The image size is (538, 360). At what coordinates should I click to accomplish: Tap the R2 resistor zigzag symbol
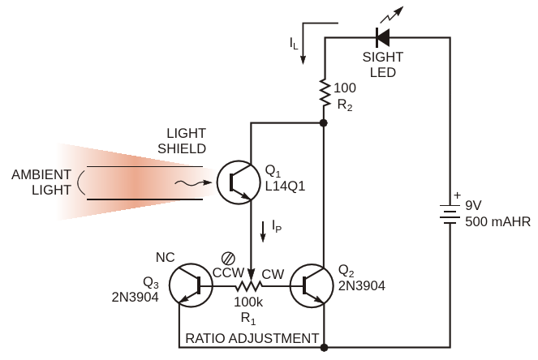[x=324, y=93]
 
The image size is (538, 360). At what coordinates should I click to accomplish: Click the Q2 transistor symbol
[x=312, y=285]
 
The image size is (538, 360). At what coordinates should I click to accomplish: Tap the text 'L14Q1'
[x=285, y=187]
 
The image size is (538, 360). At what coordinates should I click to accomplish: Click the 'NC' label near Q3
[x=165, y=257]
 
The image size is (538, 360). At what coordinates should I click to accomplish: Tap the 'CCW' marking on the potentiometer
[x=227, y=274]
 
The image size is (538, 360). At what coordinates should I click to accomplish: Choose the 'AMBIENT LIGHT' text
[x=41, y=183]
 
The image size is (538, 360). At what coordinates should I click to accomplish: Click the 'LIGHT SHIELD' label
[x=186, y=140]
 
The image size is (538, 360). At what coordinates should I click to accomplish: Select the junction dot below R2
[x=324, y=123]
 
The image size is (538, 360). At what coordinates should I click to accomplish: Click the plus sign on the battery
[x=456, y=195]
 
